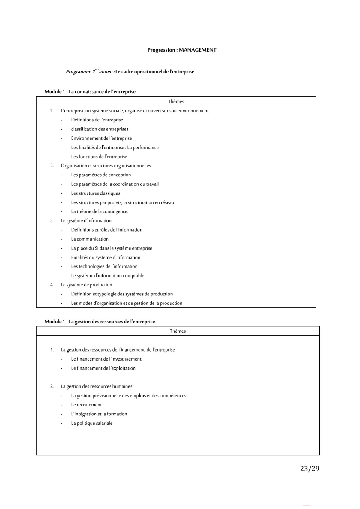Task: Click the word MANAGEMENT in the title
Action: (197, 50)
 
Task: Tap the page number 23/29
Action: (310, 469)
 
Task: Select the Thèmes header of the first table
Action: (176, 101)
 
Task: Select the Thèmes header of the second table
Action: (178, 331)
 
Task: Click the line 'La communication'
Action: (90, 239)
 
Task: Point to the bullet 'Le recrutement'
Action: (86, 405)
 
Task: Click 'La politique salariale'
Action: (92, 423)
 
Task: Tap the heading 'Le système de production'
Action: (86, 285)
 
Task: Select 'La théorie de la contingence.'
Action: (100, 211)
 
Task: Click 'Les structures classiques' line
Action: (96, 193)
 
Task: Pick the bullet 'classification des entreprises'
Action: (100, 129)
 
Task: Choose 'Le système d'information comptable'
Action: (107, 276)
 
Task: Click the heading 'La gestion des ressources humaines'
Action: (96, 386)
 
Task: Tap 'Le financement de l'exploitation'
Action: (103, 368)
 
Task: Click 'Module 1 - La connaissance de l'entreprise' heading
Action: (90, 92)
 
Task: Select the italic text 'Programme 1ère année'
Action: (89, 72)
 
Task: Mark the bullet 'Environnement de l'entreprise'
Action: (101, 138)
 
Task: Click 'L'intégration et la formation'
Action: (99, 414)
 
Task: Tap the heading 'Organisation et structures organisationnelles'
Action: (106, 166)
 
